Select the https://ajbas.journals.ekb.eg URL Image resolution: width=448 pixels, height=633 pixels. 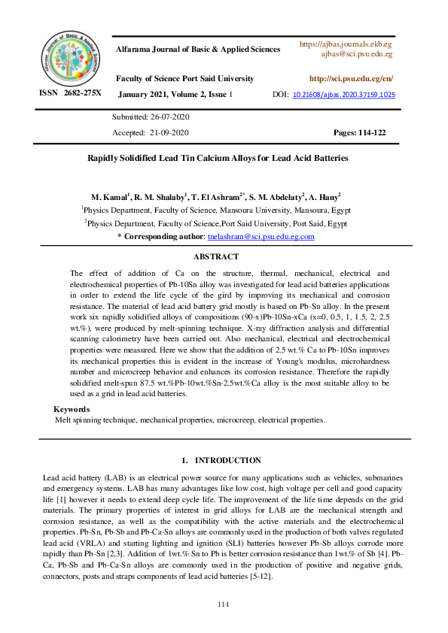346,44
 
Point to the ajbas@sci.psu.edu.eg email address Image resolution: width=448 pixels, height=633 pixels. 356,54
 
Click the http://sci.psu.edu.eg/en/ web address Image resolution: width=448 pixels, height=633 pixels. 351,79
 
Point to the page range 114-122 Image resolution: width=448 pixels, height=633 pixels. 371,132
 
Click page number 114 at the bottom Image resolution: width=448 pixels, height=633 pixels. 223,604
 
